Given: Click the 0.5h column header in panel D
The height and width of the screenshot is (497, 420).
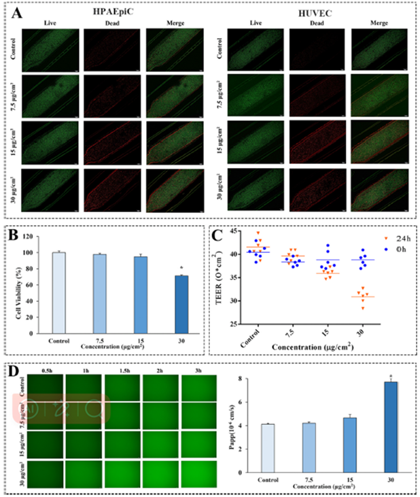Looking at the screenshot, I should coord(47,371).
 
